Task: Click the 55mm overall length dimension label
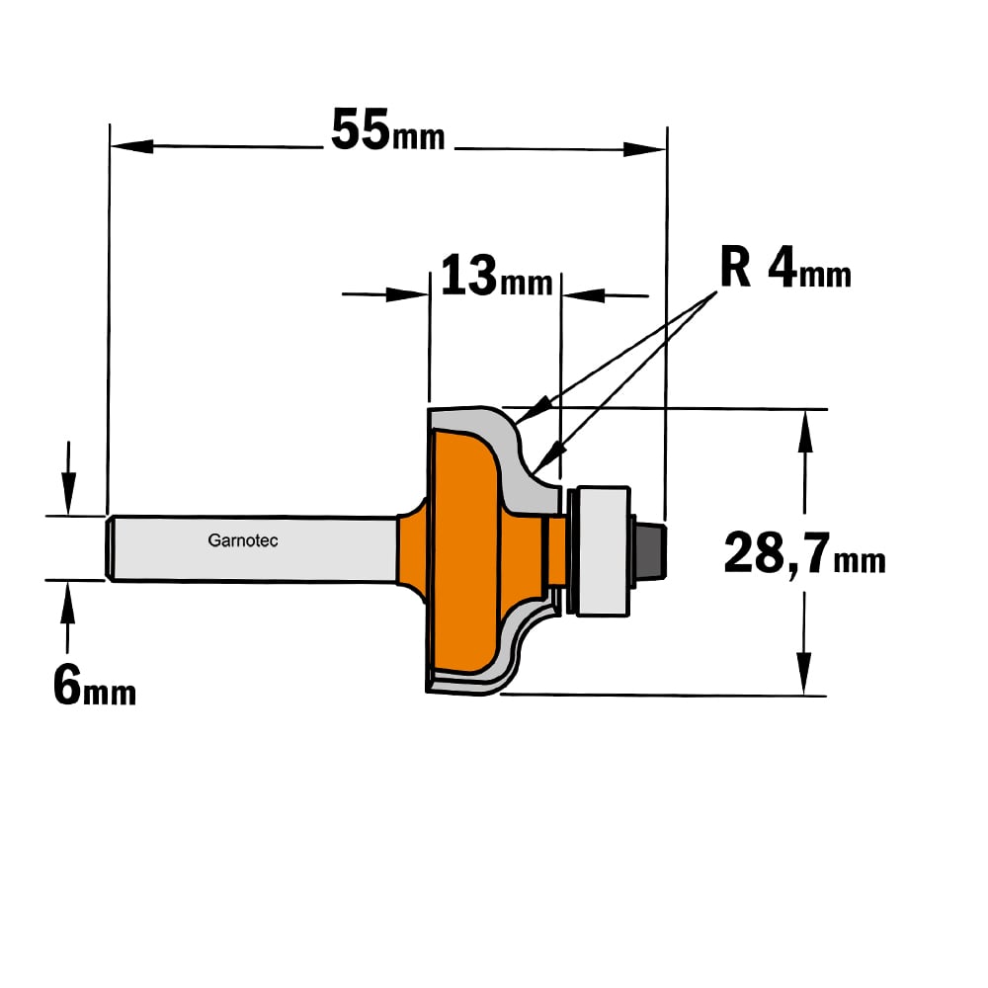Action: tap(387, 130)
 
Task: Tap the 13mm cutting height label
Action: tap(496, 277)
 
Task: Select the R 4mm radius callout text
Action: tap(785, 268)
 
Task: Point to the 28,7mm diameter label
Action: tap(804, 554)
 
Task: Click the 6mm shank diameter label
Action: tap(95, 687)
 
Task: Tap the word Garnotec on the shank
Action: tap(243, 540)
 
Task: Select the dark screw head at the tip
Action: tap(650, 547)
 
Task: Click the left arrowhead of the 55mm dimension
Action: tap(131, 146)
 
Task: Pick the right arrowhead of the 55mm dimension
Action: tap(644, 149)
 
